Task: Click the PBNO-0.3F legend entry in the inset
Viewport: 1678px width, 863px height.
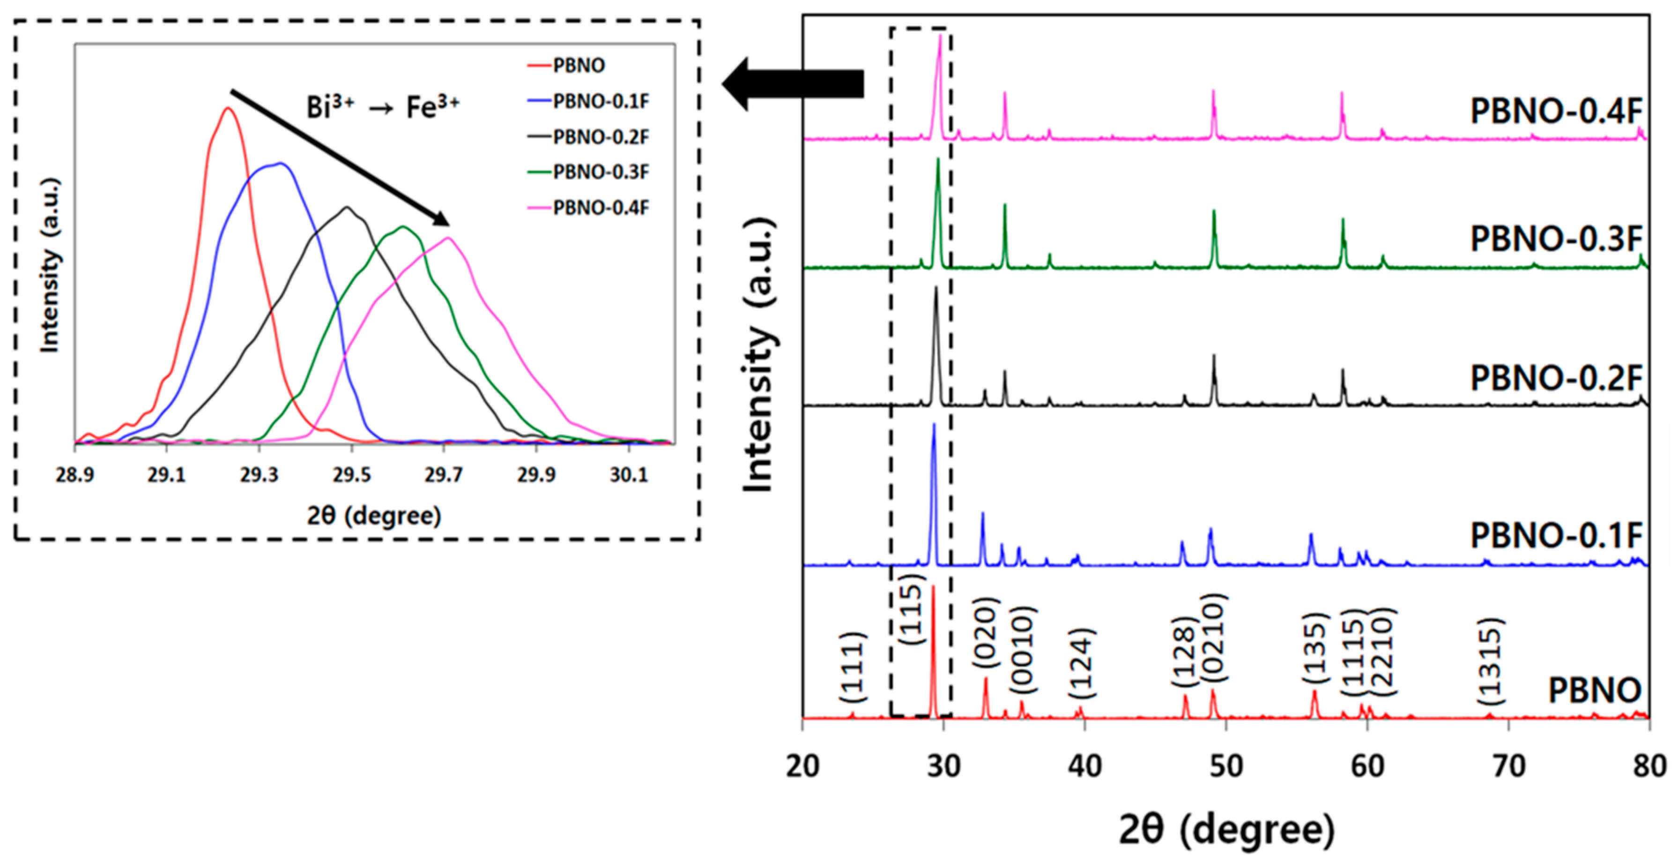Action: [600, 172]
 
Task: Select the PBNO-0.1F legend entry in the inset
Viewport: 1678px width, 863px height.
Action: [600, 102]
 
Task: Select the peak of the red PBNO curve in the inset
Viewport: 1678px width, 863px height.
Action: [227, 109]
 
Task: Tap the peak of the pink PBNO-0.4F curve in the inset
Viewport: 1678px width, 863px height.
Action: [449, 238]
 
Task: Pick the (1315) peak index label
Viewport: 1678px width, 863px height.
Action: [1490, 661]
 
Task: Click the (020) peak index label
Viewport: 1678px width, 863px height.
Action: [986, 632]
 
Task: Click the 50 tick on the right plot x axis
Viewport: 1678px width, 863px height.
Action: [1226, 766]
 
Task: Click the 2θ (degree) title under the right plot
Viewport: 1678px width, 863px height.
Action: [1226, 830]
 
